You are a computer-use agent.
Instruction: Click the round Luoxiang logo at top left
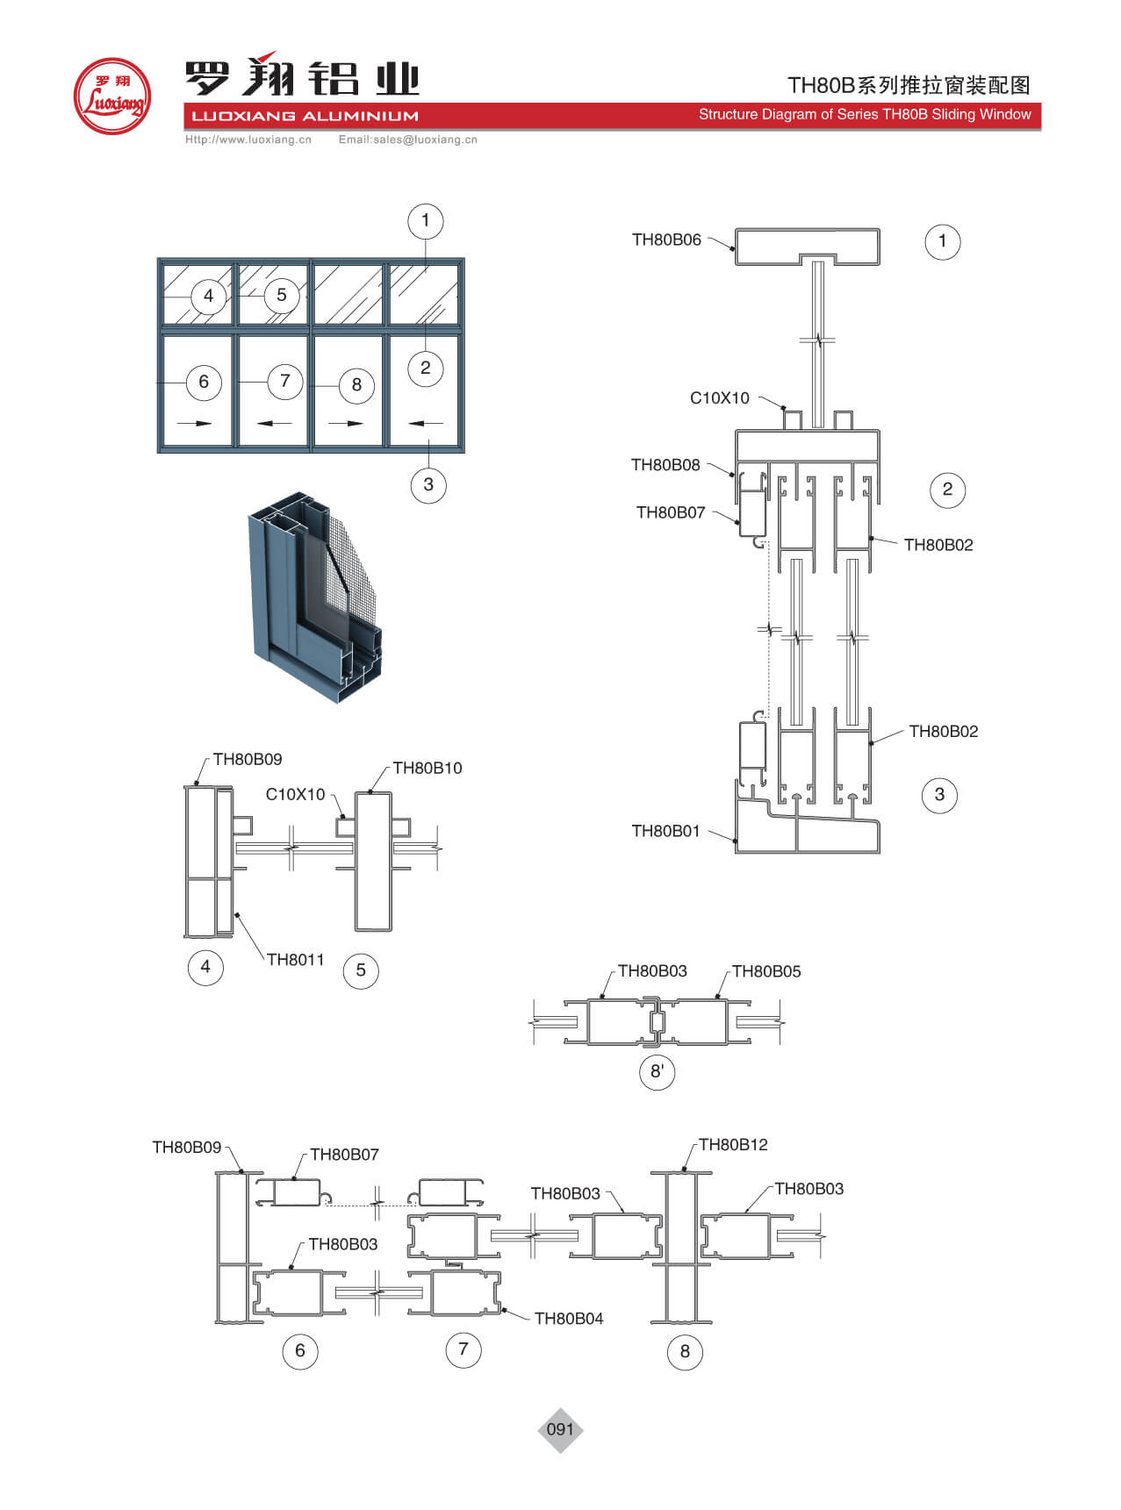(111, 97)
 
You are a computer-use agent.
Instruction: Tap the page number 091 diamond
(560, 1429)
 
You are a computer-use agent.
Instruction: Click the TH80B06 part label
(666, 240)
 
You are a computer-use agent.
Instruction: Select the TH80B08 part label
(665, 465)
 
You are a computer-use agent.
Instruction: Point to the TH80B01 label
(665, 831)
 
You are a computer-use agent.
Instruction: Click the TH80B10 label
(427, 768)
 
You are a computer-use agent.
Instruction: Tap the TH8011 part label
(295, 959)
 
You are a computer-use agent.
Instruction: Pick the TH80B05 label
(765, 971)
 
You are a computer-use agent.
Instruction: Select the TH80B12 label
(733, 1144)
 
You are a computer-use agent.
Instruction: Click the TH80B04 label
(568, 1318)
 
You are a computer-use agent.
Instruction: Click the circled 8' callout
(657, 1071)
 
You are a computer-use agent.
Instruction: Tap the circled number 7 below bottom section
(463, 1349)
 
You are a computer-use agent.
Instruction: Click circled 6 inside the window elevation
(204, 382)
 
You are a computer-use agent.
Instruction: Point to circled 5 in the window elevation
(281, 295)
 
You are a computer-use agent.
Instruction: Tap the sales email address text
(407, 140)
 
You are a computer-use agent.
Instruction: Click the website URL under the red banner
(248, 140)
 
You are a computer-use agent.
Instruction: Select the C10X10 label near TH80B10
(295, 794)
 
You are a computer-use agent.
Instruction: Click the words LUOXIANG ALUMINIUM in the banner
(305, 116)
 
